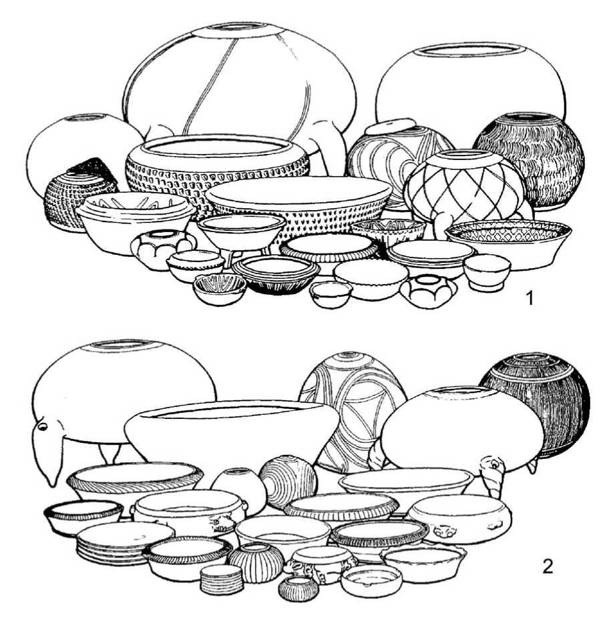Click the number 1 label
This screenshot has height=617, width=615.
point(530,298)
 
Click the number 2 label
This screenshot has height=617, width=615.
point(548,566)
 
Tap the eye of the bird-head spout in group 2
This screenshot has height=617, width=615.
point(42,426)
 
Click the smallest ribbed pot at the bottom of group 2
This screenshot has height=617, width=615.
point(298,589)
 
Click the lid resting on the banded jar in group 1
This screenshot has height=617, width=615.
point(390,128)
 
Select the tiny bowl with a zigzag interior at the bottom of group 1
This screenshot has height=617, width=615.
point(220,289)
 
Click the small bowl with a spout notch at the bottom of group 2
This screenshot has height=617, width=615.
point(371,581)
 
